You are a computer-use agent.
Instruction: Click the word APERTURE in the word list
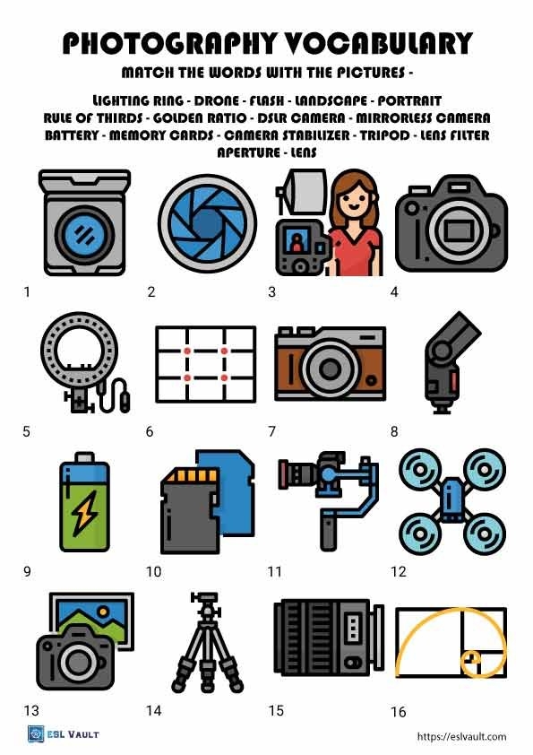[x=247, y=152]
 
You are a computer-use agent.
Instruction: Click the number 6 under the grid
[x=150, y=431]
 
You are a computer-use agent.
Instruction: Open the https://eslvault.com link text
[x=462, y=736]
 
